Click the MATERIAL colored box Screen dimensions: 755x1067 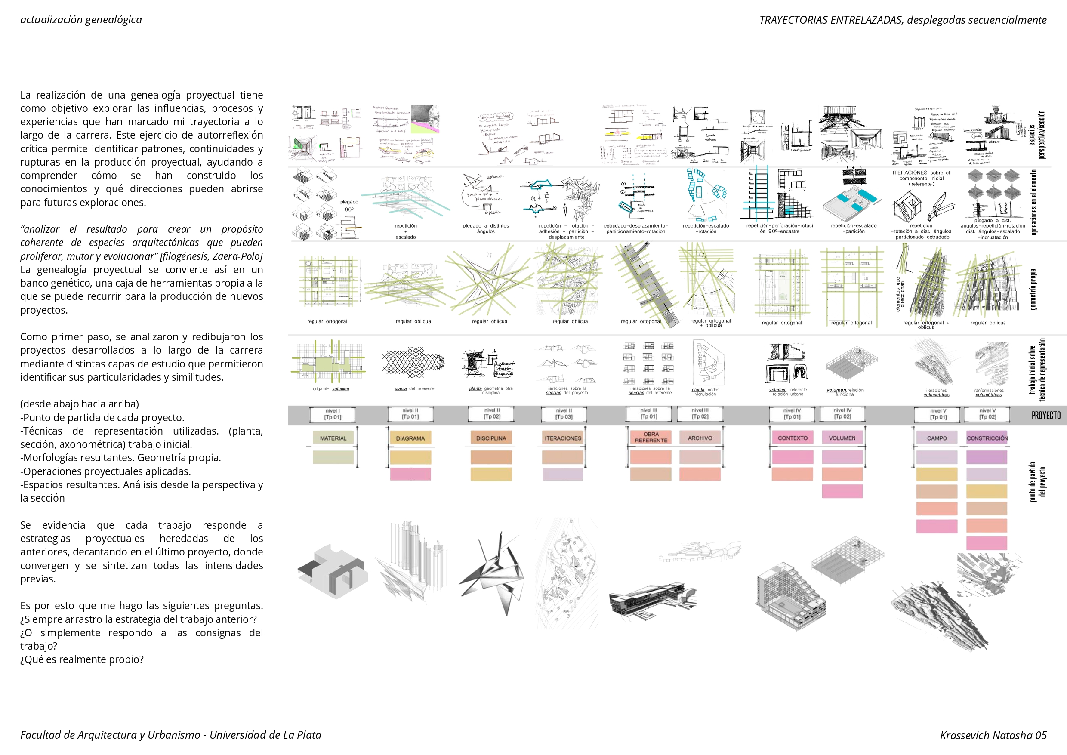tap(333, 438)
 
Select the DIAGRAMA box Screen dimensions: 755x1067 tap(410, 438)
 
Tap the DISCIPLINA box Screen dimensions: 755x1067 tap(491, 438)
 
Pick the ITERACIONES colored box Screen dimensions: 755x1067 tap(563, 438)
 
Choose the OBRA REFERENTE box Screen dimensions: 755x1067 tap(651, 437)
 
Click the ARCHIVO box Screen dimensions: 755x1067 tap(700, 438)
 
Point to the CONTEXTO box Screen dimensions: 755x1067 tap(792, 438)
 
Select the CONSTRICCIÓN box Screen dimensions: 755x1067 tap(987, 438)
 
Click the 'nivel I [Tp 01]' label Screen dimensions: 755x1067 tap(333, 414)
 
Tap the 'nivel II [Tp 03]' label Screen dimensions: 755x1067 tap(564, 414)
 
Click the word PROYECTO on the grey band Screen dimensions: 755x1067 tap(1045, 415)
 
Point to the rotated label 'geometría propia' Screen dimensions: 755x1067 tap(1033, 289)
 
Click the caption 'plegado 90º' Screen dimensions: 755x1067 tap(348, 206)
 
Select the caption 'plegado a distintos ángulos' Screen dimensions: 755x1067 tap(485, 228)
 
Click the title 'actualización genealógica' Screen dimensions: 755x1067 tap(81, 19)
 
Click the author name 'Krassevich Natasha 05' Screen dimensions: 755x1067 tap(993, 735)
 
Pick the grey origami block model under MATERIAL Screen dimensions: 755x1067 tap(332, 572)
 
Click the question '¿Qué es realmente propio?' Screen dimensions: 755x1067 tap(82, 659)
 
